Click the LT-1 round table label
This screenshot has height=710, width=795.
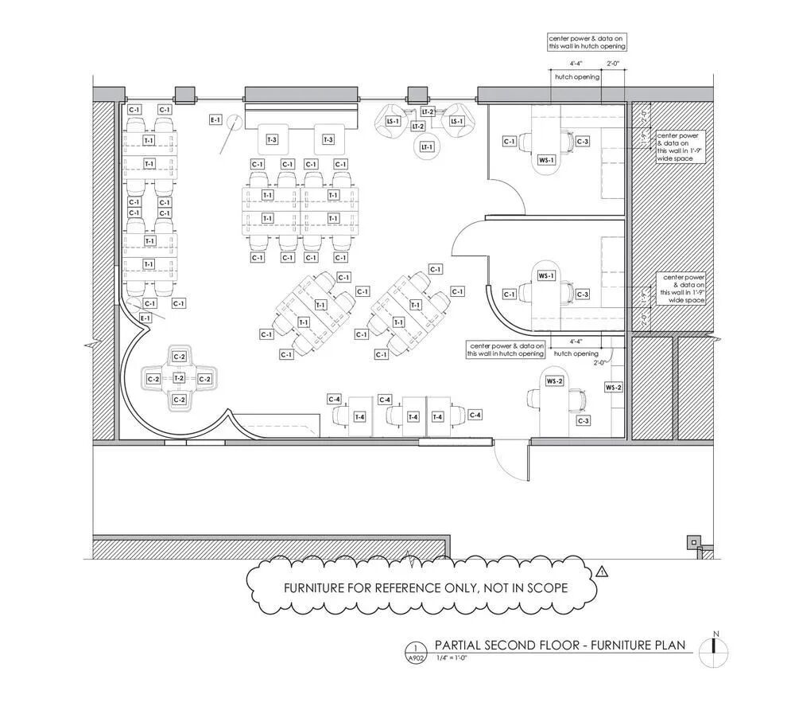coord(427,147)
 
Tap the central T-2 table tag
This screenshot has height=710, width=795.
coord(180,378)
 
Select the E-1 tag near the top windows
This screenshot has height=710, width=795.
coord(215,120)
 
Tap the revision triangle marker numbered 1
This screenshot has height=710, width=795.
coord(602,571)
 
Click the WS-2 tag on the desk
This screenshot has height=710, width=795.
coord(554,382)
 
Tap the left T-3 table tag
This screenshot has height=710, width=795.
coord(272,140)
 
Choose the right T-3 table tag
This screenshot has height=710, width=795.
coord(328,140)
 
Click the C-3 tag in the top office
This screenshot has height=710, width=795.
coord(583,142)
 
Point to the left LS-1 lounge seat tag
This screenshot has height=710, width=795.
coord(392,121)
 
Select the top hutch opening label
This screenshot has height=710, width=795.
coord(576,76)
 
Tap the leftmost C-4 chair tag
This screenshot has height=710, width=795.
coord(335,399)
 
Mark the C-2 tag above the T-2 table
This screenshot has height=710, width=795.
coord(180,357)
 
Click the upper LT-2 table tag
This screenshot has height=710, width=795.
coord(428,112)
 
